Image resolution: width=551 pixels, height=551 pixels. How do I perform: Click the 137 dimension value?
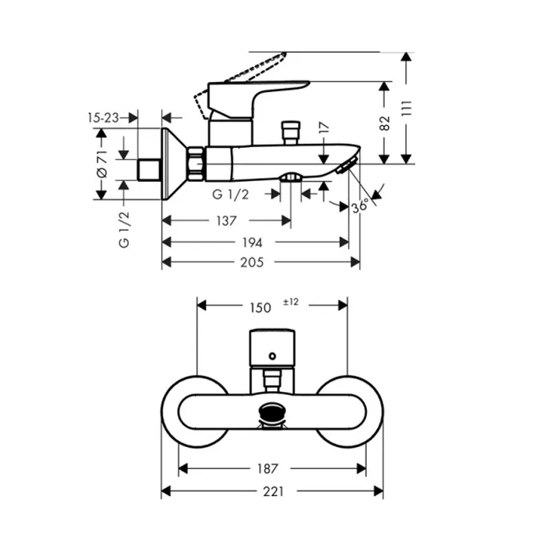(226, 222)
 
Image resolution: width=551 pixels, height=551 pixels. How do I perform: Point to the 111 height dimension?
(407, 108)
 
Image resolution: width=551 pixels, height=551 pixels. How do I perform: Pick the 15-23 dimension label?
(102, 117)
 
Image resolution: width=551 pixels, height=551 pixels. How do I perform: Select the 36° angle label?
(361, 207)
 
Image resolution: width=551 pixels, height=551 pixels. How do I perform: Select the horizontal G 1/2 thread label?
(231, 194)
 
